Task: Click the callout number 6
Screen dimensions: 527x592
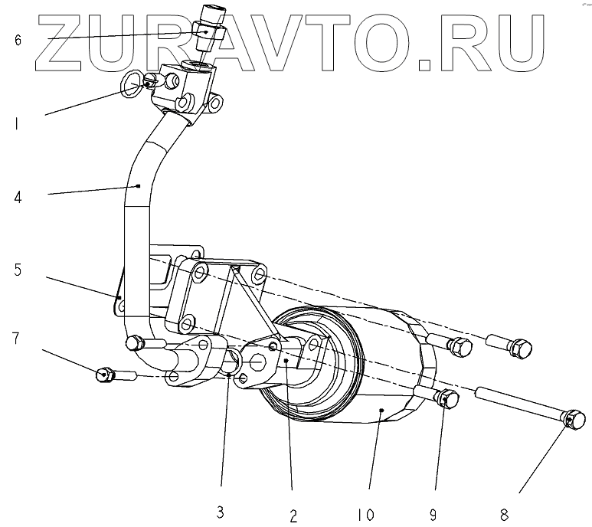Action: click(18, 40)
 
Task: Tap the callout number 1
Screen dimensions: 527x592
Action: click(17, 122)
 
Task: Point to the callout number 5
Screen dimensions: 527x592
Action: click(18, 269)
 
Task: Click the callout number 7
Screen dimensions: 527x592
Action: click(18, 338)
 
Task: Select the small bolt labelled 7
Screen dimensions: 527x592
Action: click(105, 375)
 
